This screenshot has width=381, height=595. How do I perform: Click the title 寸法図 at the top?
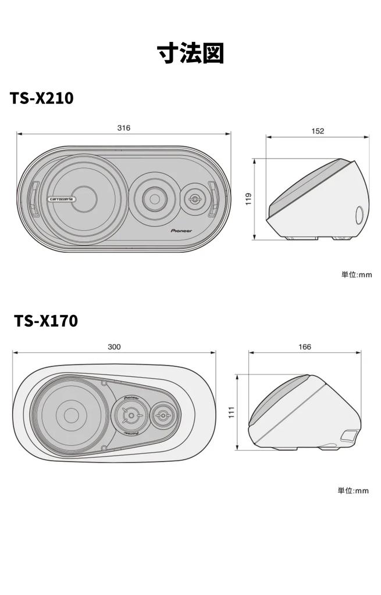tap(190, 53)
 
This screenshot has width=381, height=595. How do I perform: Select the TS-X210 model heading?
tap(41, 98)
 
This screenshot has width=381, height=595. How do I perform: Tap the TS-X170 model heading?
tap(46, 320)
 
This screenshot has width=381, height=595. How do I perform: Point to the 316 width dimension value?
tap(123, 128)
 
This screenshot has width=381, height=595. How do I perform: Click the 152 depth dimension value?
tap(317, 131)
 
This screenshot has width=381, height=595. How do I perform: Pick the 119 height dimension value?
tap(248, 199)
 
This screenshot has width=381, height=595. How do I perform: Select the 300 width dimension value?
tap(114, 347)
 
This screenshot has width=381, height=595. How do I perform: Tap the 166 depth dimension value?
tap(304, 347)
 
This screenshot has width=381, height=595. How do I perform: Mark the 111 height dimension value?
tap(231, 412)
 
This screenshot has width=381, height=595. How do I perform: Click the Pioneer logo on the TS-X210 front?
tap(181, 230)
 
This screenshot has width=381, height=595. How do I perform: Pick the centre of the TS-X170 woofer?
tap(71, 415)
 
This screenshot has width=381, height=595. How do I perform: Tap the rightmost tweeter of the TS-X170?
tap(161, 415)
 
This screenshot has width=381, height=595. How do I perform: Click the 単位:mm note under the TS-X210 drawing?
tap(356, 274)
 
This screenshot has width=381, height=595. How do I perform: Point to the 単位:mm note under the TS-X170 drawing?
tap(353, 490)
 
